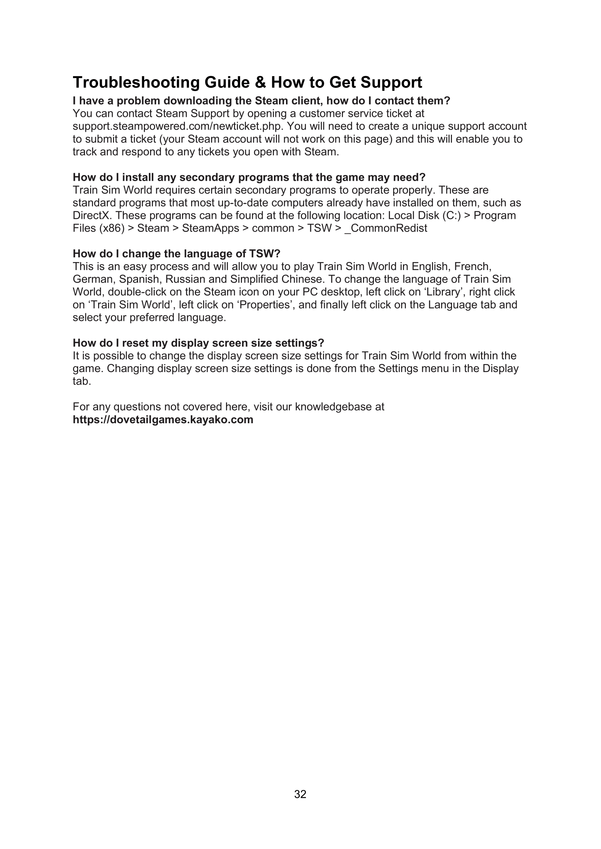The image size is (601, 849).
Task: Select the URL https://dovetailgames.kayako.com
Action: coord(163,420)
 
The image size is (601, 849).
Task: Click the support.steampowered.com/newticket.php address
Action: coord(178,126)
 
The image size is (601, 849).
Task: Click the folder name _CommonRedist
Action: coord(386,228)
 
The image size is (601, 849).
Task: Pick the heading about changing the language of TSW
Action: coord(177,254)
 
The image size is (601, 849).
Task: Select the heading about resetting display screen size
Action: coord(198,343)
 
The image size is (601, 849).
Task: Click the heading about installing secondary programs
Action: coord(249,177)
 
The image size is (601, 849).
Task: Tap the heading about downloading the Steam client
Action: coord(261,101)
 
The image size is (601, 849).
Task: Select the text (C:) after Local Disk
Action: coord(452,216)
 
